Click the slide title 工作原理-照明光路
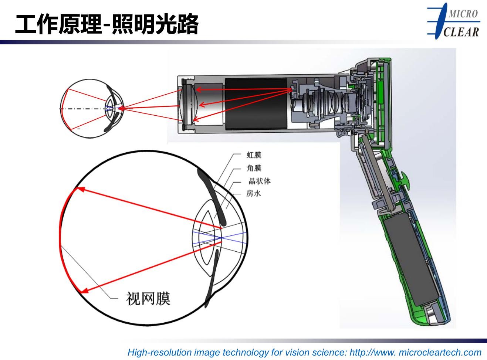pyautogui.click(x=106, y=24)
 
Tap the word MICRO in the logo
pyautogui.click(x=463, y=14)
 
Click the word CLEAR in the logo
pyautogui.click(x=461, y=32)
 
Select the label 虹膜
pyautogui.click(x=254, y=155)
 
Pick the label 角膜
pyautogui.click(x=254, y=168)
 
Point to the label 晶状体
pyautogui.click(x=259, y=181)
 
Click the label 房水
pyautogui.click(x=254, y=193)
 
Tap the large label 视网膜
pyautogui.click(x=148, y=298)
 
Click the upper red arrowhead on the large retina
pyautogui.click(x=79, y=190)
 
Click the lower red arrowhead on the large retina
pyautogui.click(x=82, y=291)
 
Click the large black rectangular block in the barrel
pyautogui.click(x=256, y=103)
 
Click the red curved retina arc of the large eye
pyautogui.click(x=61, y=240)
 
